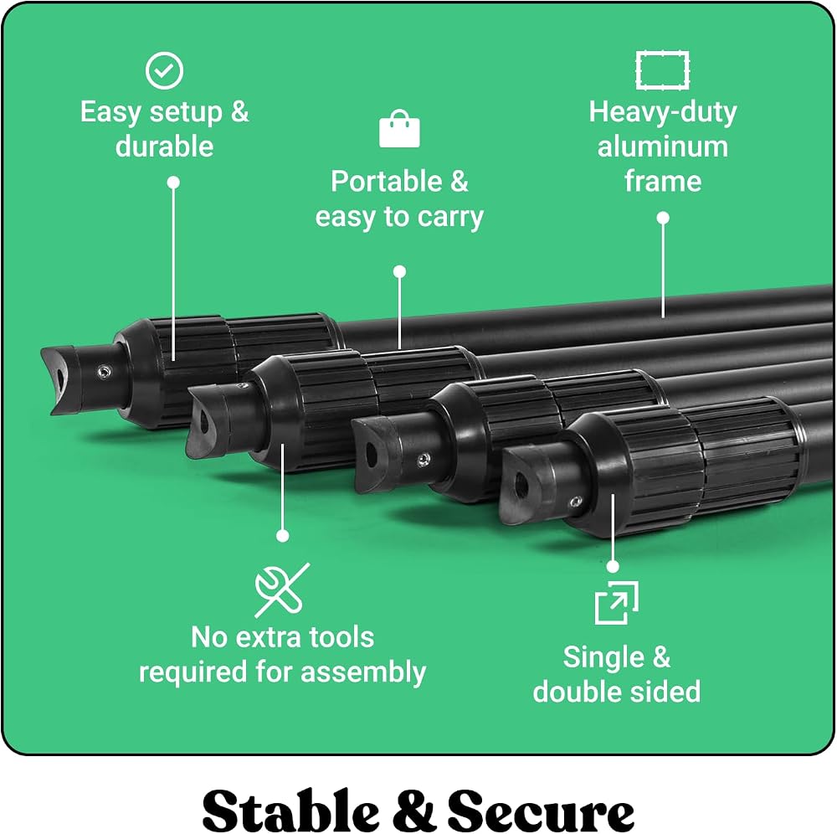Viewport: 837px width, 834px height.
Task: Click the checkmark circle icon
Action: click(x=164, y=70)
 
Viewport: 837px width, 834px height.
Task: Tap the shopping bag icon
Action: click(x=399, y=129)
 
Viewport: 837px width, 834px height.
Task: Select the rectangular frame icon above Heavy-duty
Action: click(x=662, y=70)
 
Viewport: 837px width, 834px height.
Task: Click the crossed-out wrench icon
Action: click(x=282, y=589)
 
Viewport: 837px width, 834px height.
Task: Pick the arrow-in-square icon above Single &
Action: click(x=617, y=603)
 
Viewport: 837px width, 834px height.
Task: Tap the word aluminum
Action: click(x=662, y=147)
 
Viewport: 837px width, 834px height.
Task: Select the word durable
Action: click(x=164, y=147)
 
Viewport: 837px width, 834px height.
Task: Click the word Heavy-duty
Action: click(x=662, y=113)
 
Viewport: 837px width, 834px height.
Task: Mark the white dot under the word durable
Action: click(x=173, y=183)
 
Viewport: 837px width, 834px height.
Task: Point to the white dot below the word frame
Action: click(x=663, y=218)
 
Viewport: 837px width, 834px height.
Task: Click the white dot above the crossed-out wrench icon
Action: click(x=283, y=536)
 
